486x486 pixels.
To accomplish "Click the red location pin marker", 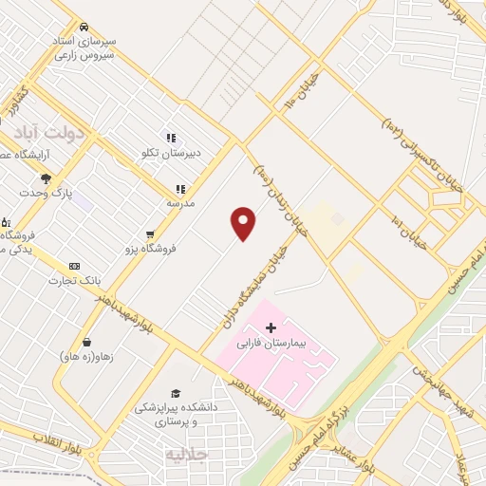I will (x=244, y=223).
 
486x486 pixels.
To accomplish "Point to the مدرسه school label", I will (x=180, y=203).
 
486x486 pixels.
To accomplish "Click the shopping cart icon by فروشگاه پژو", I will (x=150, y=234).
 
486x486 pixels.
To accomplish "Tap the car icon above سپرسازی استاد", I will (x=86, y=27).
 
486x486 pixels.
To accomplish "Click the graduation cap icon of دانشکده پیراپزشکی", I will (x=175, y=393).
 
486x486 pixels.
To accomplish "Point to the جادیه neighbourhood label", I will (x=186, y=454).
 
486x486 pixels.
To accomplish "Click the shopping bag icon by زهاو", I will (x=87, y=342).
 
